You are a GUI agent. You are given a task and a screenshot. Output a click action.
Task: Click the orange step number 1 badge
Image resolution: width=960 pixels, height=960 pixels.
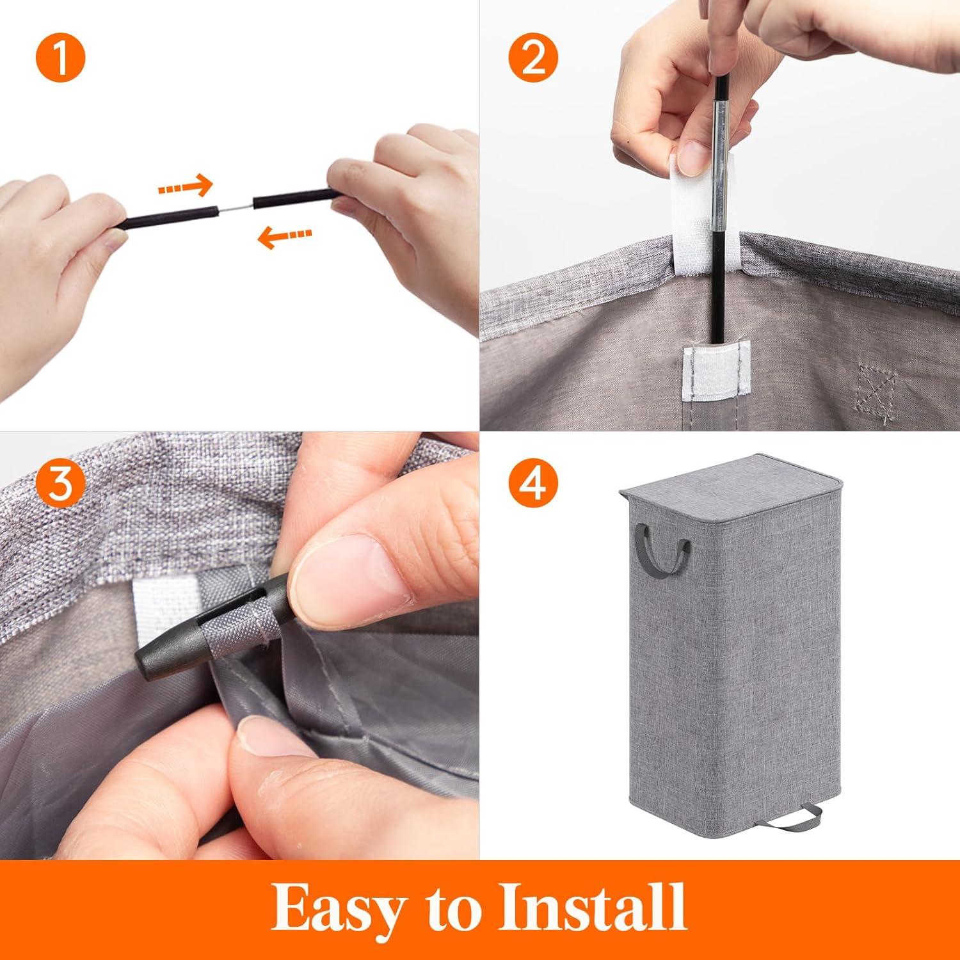tap(60, 60)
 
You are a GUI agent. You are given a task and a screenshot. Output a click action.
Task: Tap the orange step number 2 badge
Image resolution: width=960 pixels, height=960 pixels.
tap(534, 60)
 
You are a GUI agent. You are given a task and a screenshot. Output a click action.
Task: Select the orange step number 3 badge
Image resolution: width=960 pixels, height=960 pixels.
tap(60, 485)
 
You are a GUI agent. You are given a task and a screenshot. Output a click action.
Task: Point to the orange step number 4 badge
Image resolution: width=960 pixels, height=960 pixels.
tap(534, 485)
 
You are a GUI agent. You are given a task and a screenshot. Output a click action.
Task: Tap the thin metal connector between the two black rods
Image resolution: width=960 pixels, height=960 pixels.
tap(238, 206)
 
